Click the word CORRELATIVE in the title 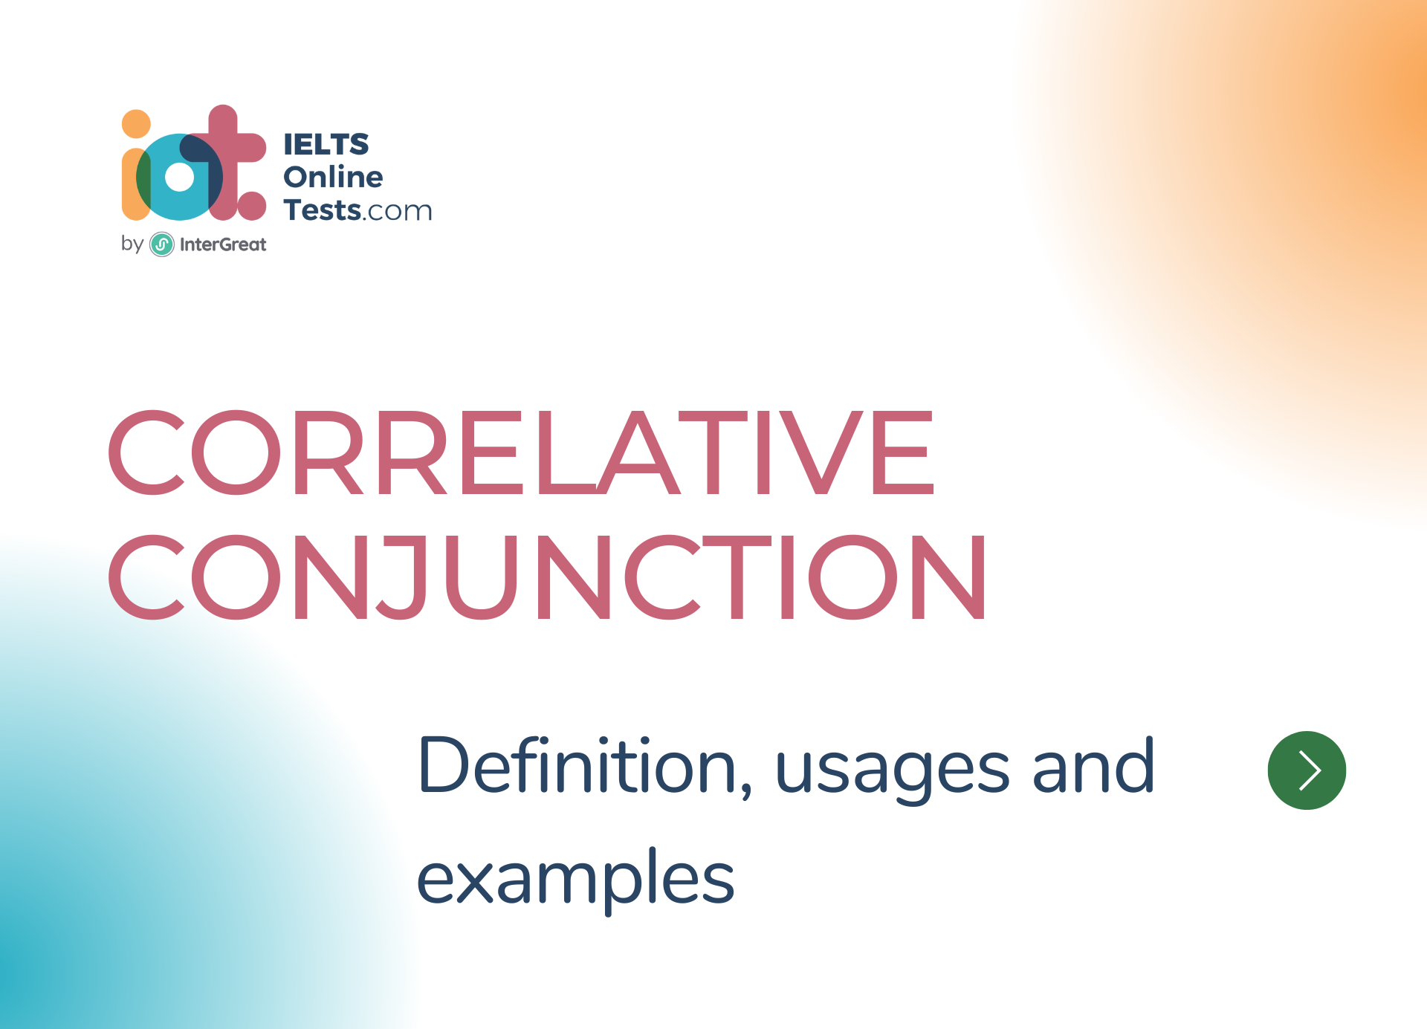521,452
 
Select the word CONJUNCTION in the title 548,577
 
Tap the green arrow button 1307,770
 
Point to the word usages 893,773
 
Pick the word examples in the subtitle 575,880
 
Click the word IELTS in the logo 326,144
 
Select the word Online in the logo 333,177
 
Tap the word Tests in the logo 322,210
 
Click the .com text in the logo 396,212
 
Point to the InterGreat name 223,244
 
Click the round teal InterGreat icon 162,244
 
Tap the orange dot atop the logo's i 136,124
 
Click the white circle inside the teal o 179,178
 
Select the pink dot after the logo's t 251,206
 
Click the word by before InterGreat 132,244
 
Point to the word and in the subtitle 1094,766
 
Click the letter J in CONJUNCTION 402,577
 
